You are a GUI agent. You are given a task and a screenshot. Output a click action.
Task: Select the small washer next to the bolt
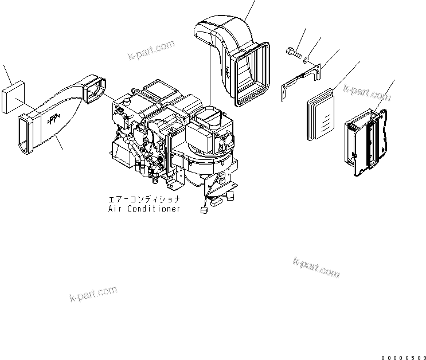coord(308,59)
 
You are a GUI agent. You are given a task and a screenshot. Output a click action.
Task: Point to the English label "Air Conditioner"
coord(144,209)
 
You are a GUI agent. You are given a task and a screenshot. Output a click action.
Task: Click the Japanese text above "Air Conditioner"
coord(144,199)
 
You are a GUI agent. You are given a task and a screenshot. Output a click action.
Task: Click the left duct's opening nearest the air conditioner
coord(95,92)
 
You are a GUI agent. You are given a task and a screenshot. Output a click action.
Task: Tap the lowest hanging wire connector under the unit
coord(203,210)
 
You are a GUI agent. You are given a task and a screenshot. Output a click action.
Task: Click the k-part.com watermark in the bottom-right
coord(316,267)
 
